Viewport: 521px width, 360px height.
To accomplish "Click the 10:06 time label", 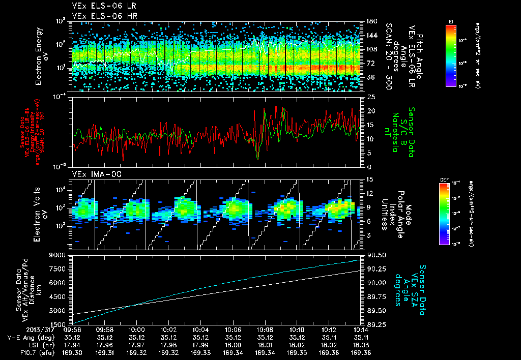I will [x=233, y=329].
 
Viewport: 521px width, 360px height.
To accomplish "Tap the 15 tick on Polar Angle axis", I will [x=370, y=179].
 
